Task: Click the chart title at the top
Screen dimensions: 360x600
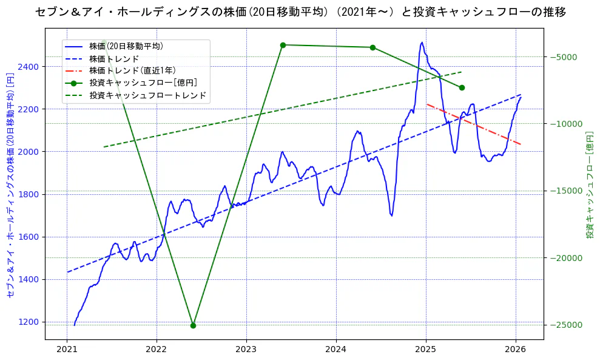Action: click(300, 12)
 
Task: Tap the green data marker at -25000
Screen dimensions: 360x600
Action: click(193, 325)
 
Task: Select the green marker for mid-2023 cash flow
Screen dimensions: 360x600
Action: click(283, 45)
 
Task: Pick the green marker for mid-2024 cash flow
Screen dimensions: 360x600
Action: click(372, 47)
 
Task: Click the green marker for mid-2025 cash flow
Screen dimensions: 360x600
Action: click(462, 87)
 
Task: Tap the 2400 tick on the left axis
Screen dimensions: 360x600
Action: click(30, 67)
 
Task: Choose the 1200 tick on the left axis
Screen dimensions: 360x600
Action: click(30, 322)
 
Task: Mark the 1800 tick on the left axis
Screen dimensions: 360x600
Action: click(30, 194)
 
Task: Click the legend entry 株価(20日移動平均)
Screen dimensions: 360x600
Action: click(126, 46)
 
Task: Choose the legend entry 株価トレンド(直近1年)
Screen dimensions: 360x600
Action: click(132, 70)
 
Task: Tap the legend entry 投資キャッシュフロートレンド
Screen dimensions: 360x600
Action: click(147, 95)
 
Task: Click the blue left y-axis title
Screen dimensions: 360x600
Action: click(10, 190)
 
